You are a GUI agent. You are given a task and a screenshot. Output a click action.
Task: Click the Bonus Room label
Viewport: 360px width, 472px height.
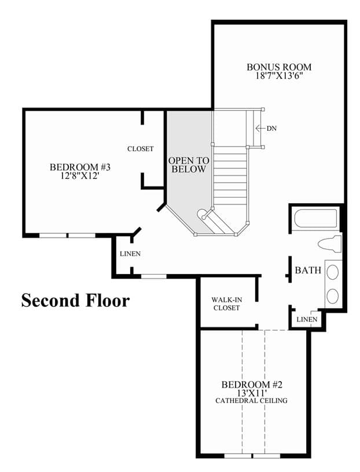[x=279, y=67]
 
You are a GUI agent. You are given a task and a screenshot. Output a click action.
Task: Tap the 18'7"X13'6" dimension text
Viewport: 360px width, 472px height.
[x=279, y=75]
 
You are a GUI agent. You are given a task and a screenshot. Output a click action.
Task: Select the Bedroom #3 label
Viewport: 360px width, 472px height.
[x=80, y=167]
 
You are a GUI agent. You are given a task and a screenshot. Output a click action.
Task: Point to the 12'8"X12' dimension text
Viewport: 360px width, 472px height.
[x=80, y=175]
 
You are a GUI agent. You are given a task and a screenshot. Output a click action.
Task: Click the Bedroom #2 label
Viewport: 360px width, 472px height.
[x=252, y=385]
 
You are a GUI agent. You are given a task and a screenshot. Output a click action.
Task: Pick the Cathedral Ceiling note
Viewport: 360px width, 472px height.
[x=251, y=401]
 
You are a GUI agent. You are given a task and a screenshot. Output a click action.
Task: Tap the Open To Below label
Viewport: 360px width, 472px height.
[x=189, y=164]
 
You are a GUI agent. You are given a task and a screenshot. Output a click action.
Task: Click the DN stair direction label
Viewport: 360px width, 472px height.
[x=271, y=129]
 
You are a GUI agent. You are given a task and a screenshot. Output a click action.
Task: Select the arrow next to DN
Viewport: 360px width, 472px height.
[x=260, y=128]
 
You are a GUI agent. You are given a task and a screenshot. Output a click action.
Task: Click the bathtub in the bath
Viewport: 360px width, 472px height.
[x=315, y=219]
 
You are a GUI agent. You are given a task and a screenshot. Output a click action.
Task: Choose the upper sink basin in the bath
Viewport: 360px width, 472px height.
[x=332, y=272]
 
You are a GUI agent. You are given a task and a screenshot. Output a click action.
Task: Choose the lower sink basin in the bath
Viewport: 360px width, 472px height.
[x=332, y=296]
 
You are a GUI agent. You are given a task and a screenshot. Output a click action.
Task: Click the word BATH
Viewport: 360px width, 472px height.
[x=308, y=270]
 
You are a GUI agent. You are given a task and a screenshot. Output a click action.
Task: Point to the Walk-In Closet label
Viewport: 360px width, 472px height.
[x=226, y=303]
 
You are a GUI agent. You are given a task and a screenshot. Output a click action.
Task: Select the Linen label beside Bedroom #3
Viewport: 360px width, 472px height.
[x=130, y=254]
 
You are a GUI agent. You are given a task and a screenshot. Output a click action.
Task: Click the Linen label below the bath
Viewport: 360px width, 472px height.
[x=307, y=319]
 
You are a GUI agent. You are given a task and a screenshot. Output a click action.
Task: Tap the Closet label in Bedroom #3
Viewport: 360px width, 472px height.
[x=141, y=149]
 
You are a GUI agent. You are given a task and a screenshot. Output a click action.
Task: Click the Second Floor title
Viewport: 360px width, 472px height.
[x=75, y=300]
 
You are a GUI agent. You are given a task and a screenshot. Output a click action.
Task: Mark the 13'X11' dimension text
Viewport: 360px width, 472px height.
[x=252, y=393]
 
